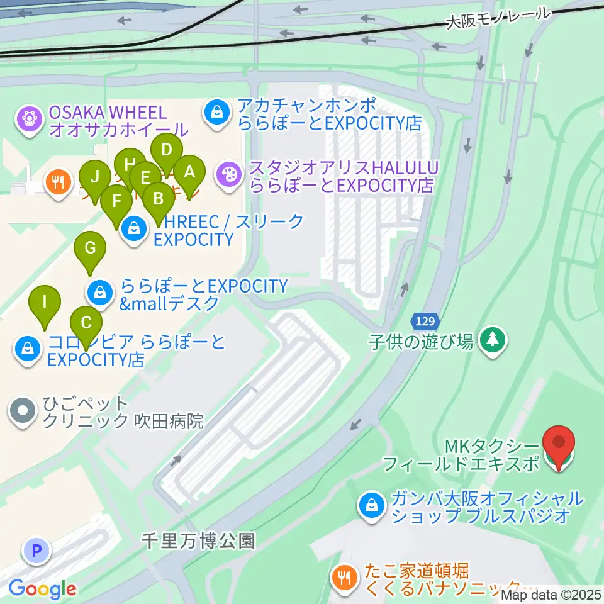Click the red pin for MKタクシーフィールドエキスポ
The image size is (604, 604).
pos(558,444)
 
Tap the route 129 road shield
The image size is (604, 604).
pos(425,322)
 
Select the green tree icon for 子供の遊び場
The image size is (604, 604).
pos(492,340)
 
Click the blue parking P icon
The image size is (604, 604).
pos(36,551)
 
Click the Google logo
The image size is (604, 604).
pos(42,590)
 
